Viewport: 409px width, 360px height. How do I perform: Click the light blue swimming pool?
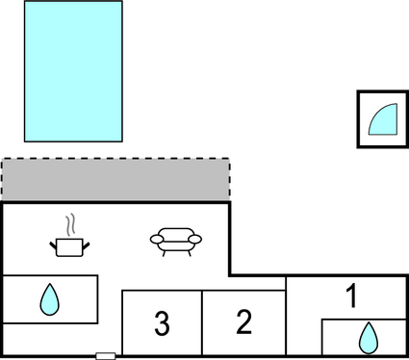tap(73, 71)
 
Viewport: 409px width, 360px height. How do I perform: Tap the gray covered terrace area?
tap(115, 181)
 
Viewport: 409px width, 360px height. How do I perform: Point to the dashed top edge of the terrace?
tap(115, 159)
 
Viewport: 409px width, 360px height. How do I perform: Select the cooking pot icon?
tap(68, 245)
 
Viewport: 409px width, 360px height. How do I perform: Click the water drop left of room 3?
tap(49, 301)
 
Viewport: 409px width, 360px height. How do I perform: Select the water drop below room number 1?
tap(367, 338)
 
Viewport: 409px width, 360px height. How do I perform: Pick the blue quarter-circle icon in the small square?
tap(382, 119)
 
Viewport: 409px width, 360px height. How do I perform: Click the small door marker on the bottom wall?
tap(106, 356)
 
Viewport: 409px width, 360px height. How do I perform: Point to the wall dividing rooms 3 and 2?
tap(202, 323)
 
